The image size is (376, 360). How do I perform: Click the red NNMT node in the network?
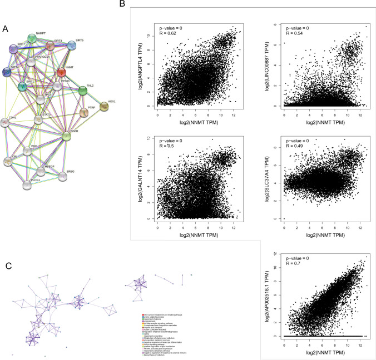coord(62,72)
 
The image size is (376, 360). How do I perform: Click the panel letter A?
coord(4,29)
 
